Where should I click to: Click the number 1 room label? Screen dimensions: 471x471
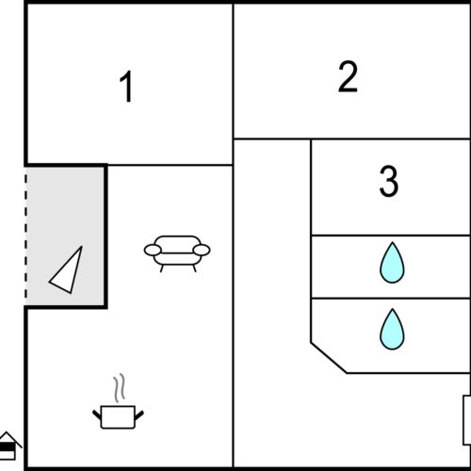(x=126, y=88)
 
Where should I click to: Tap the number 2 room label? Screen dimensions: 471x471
(x=348, y=78)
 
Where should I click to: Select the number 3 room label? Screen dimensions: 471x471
(x=388, y=182)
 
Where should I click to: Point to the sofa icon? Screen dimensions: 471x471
(x=177, y=252)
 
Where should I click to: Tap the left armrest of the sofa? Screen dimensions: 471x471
(x=153, y=250)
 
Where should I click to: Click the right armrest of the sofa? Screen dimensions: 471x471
(x=202, y=250)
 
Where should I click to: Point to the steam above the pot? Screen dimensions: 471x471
(x=120, y=388)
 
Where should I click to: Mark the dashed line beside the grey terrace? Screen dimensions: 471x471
(x=25, y=235)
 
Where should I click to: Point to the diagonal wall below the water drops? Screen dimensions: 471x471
(x=329, y=358)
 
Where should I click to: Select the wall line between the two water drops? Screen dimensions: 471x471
(x=390, y=299)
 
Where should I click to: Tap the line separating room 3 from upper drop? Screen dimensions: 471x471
(x=390, y=235)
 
